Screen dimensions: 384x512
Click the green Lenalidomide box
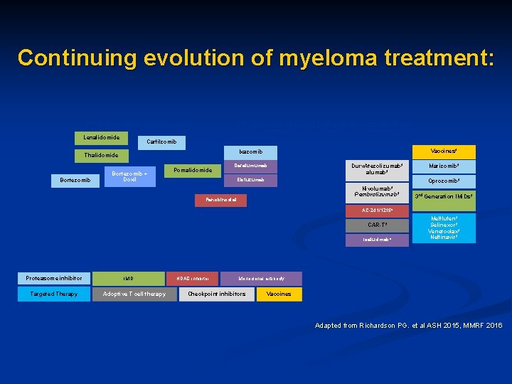tap(101, 137)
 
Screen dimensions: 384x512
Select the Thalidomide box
tap(101, 155)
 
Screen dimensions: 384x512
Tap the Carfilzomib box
tap(161, 142)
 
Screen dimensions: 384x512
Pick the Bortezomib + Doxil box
tap(129, 175)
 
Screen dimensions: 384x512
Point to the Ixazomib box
tap(251, 151)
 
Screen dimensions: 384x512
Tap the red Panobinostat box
tap(221, 201)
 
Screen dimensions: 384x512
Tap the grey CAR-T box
tap(376, 225)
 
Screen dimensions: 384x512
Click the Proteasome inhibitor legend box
tap(54, 278)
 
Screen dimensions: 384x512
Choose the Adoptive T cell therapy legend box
tap(134, 294)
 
